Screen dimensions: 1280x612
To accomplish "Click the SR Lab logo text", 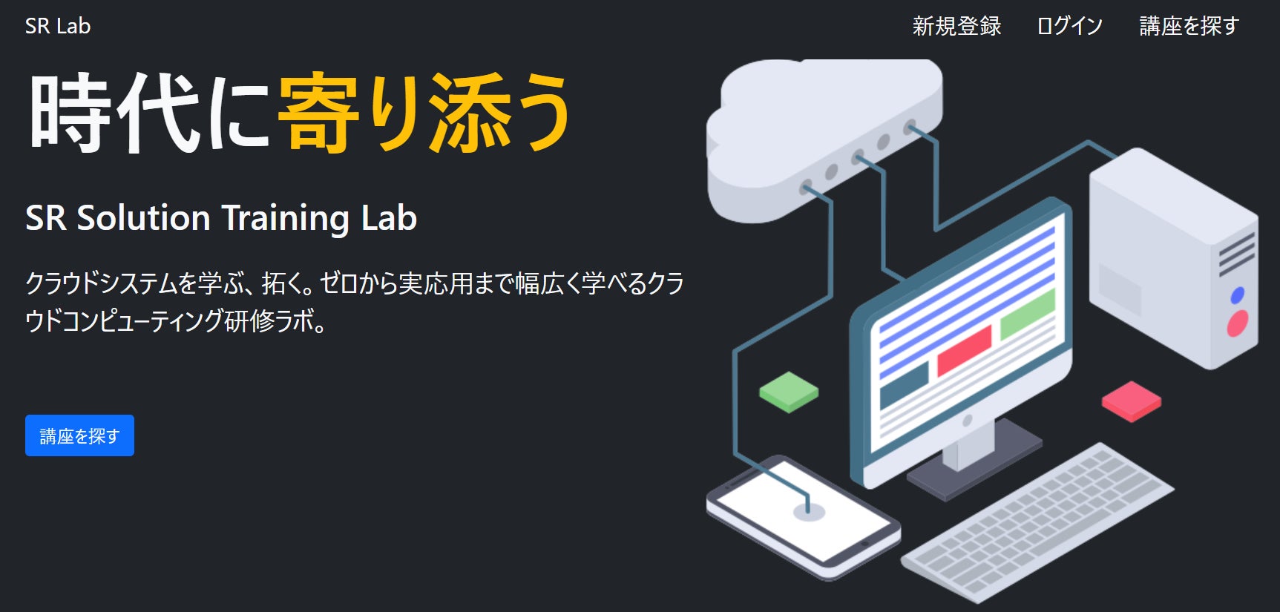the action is coord(58,26).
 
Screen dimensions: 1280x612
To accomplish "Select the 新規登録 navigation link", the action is coord(956,26).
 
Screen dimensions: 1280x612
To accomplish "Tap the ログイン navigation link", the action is coord(1069,26).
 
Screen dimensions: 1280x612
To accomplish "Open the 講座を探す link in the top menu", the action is coord(1189,26).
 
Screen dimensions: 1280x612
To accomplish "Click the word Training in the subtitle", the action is coord(285,218).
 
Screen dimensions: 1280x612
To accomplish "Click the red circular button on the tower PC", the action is coord(1237,323).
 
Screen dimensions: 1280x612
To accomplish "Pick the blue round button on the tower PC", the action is coord(1237,295).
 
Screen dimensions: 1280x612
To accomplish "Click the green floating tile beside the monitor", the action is coord(789,391).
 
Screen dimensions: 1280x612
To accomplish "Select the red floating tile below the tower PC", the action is coord(1131,401).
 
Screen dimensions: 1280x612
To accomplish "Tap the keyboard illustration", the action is coord(1039,519).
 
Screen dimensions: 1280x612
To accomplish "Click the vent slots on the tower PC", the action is coord(1236,252).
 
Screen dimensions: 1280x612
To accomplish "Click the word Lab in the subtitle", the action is coord(389,218).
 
